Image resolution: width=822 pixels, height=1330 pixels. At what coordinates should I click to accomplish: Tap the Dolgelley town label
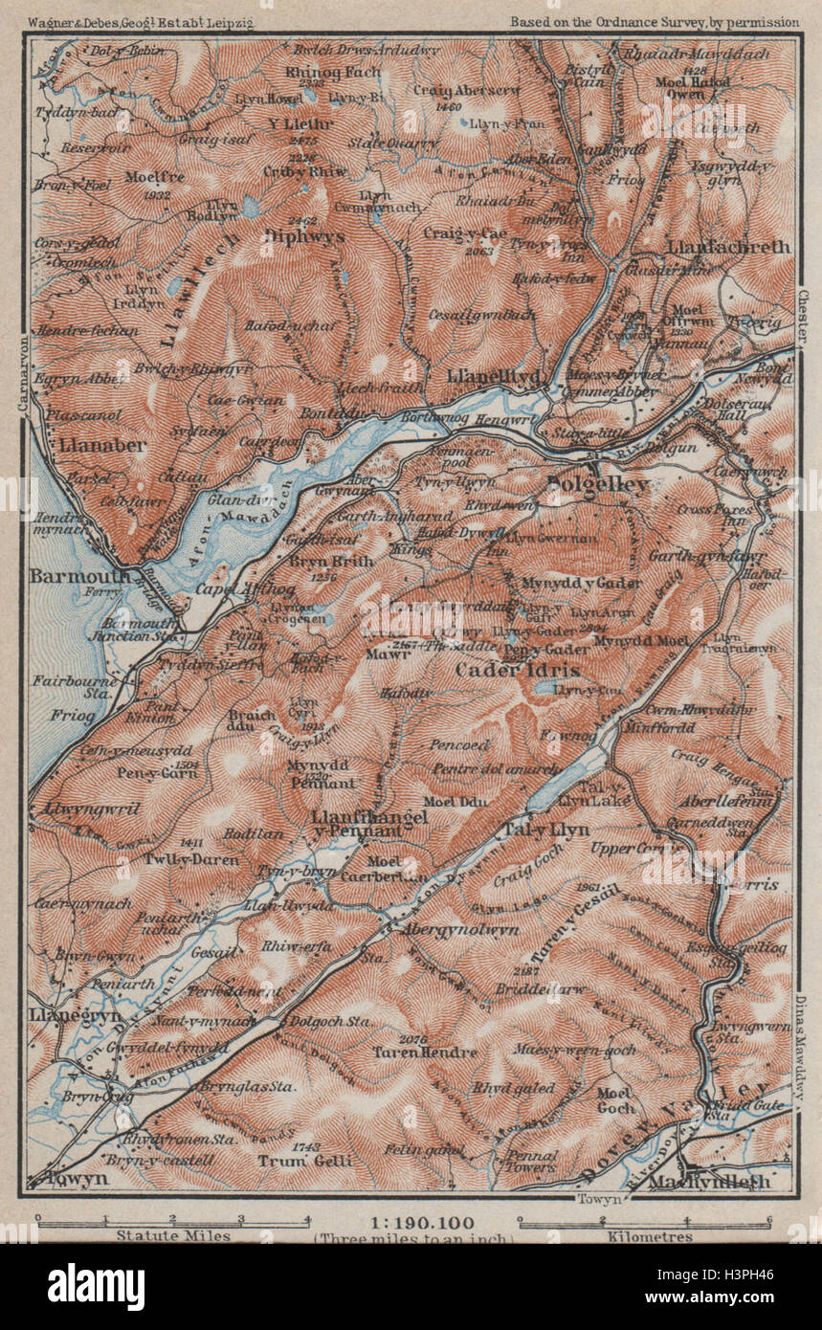pyautogui.click(x=598, y=486)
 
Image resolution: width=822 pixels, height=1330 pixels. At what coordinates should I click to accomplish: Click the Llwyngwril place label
pyautogui.click(x=92, y=809)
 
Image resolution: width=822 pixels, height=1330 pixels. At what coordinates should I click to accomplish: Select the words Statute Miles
pyautogui.click(x=173, y=1235)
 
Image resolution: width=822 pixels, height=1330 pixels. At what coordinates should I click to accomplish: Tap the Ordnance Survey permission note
pyautogui.click(x=655, y=20)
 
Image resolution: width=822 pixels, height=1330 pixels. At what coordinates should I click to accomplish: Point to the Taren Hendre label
pyautogui.click(x=425, y=1053)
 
